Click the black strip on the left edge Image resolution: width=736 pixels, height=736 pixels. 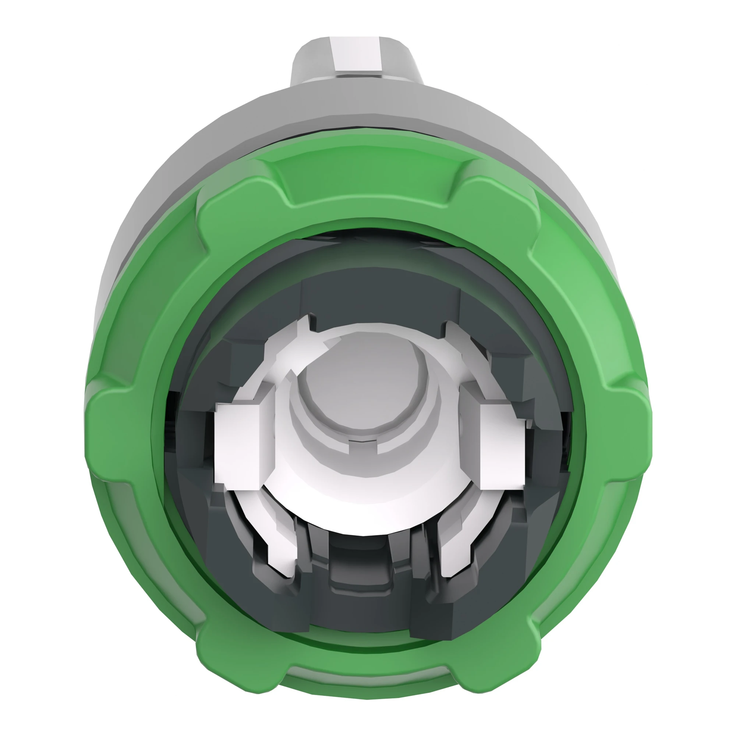pyautogui.click(x=25, y=368)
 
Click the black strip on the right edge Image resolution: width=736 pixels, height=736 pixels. pyautogui.click(x=711, y=368)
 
